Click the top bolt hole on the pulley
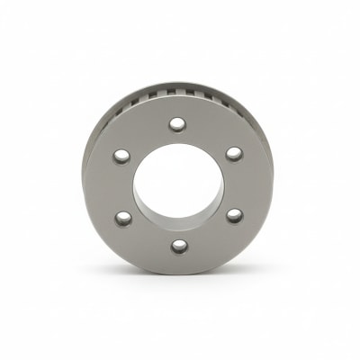click(177, 123)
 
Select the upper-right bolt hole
click(233, 154)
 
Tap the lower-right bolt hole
click(234, 215)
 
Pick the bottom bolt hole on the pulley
click(179, 246)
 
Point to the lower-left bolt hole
click(123, 217)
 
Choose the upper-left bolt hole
click(121, 157)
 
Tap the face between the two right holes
click(243, 184)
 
